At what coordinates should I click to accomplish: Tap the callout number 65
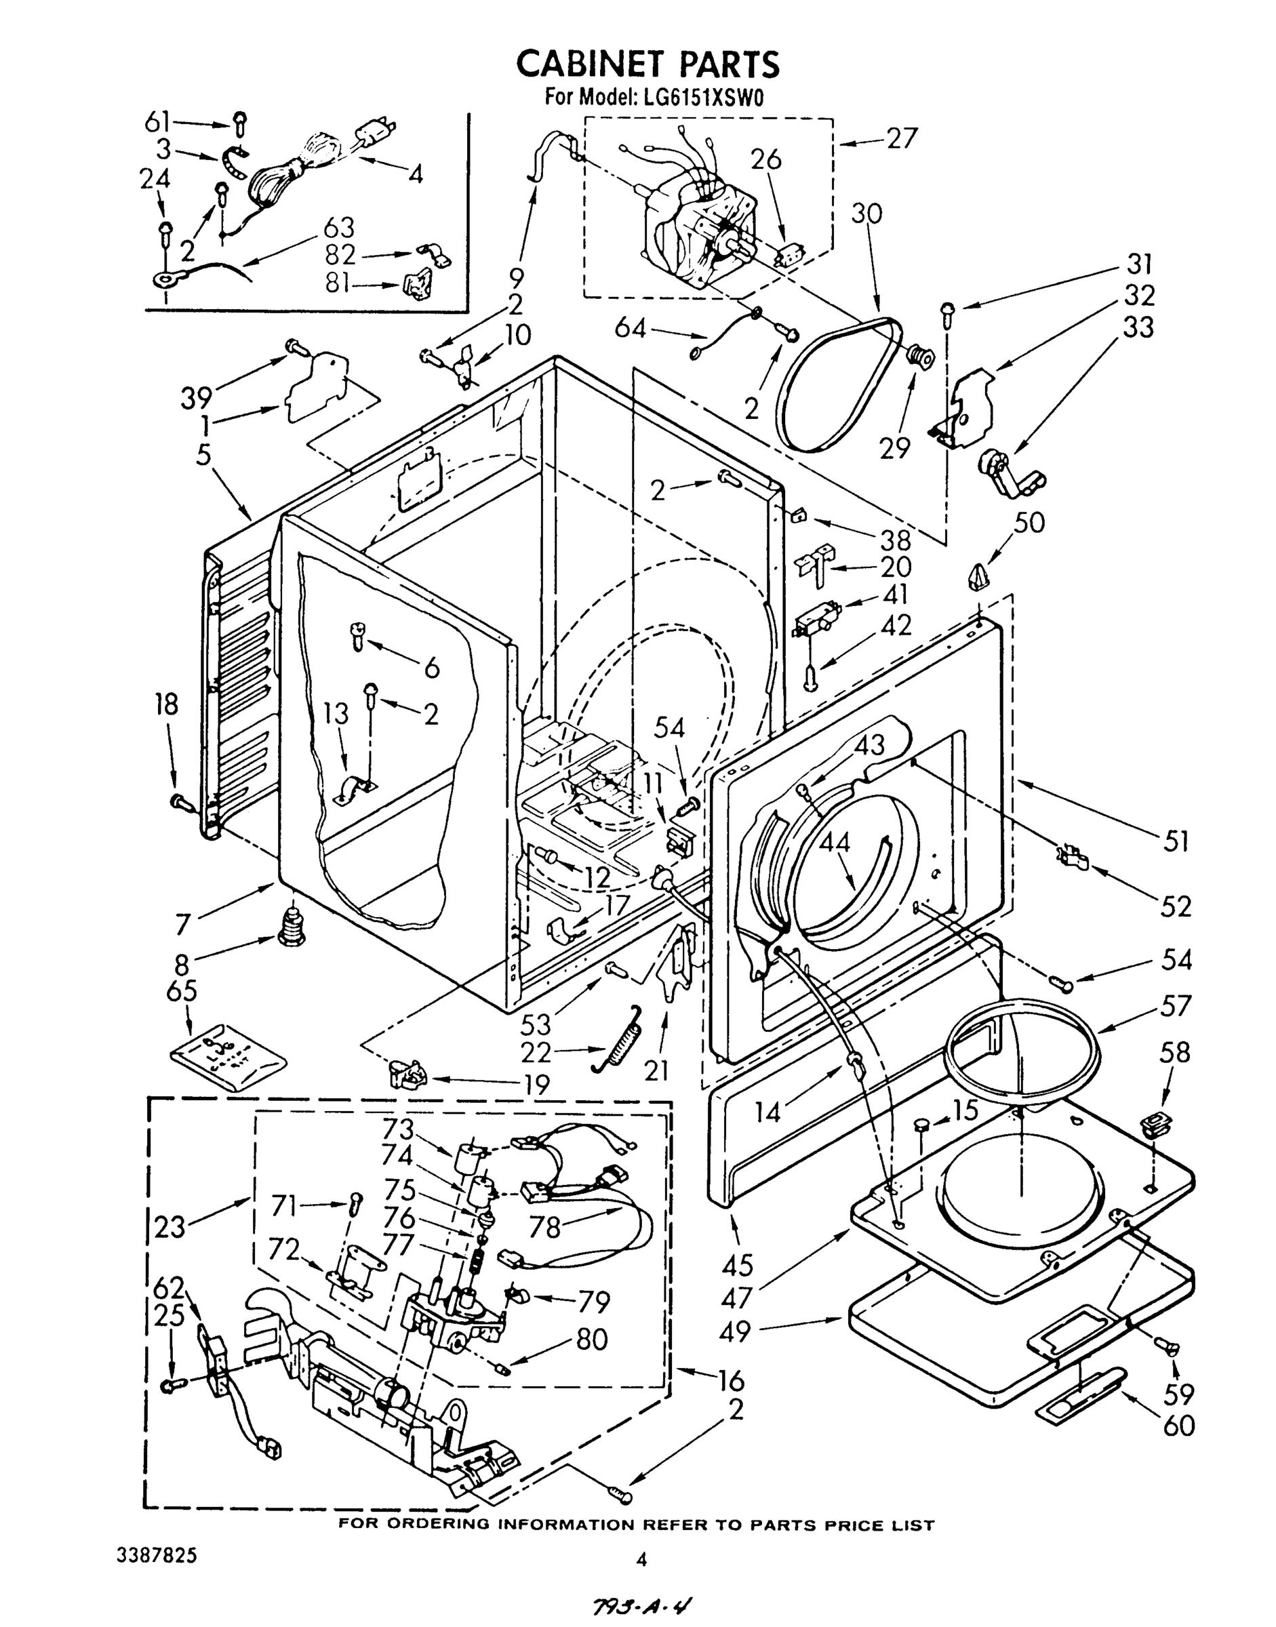(x=182, y=990)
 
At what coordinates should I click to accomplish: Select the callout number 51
(x=1176, y=841)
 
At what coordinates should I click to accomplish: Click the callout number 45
(x=738, y=1266)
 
